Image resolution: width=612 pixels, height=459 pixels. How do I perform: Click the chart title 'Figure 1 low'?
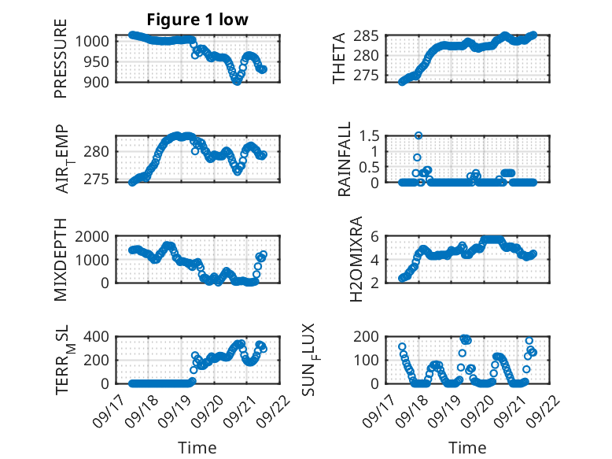click(197, 20)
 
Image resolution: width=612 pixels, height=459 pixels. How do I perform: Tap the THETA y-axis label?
click(339, 58)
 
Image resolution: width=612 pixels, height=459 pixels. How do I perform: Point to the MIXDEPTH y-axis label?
click(61, 259)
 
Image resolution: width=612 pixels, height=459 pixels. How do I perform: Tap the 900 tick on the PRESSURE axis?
click(101, 81)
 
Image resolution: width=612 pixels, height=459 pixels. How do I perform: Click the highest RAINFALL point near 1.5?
click(418, 135)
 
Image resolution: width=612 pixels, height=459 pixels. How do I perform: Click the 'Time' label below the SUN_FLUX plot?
click(467, 447)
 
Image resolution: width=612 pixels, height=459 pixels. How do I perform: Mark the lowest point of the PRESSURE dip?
click(237, 81)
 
